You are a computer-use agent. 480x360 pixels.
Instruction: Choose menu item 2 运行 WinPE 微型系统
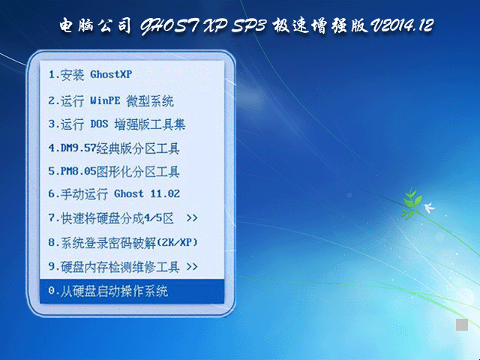[110, 100]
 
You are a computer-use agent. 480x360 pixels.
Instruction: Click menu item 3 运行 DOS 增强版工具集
[116, 124]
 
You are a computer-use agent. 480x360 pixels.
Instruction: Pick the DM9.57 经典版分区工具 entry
[113, 148]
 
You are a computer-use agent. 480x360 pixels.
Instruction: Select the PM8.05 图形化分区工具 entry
[113, 172]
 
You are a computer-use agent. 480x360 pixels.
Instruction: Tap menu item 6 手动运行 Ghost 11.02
[113, 193]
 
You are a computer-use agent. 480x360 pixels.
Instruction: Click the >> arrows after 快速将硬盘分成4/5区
[192, 218]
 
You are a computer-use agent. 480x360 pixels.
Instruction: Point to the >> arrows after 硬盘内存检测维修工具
[192, 266]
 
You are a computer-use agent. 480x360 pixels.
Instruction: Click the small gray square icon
[462, 325]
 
